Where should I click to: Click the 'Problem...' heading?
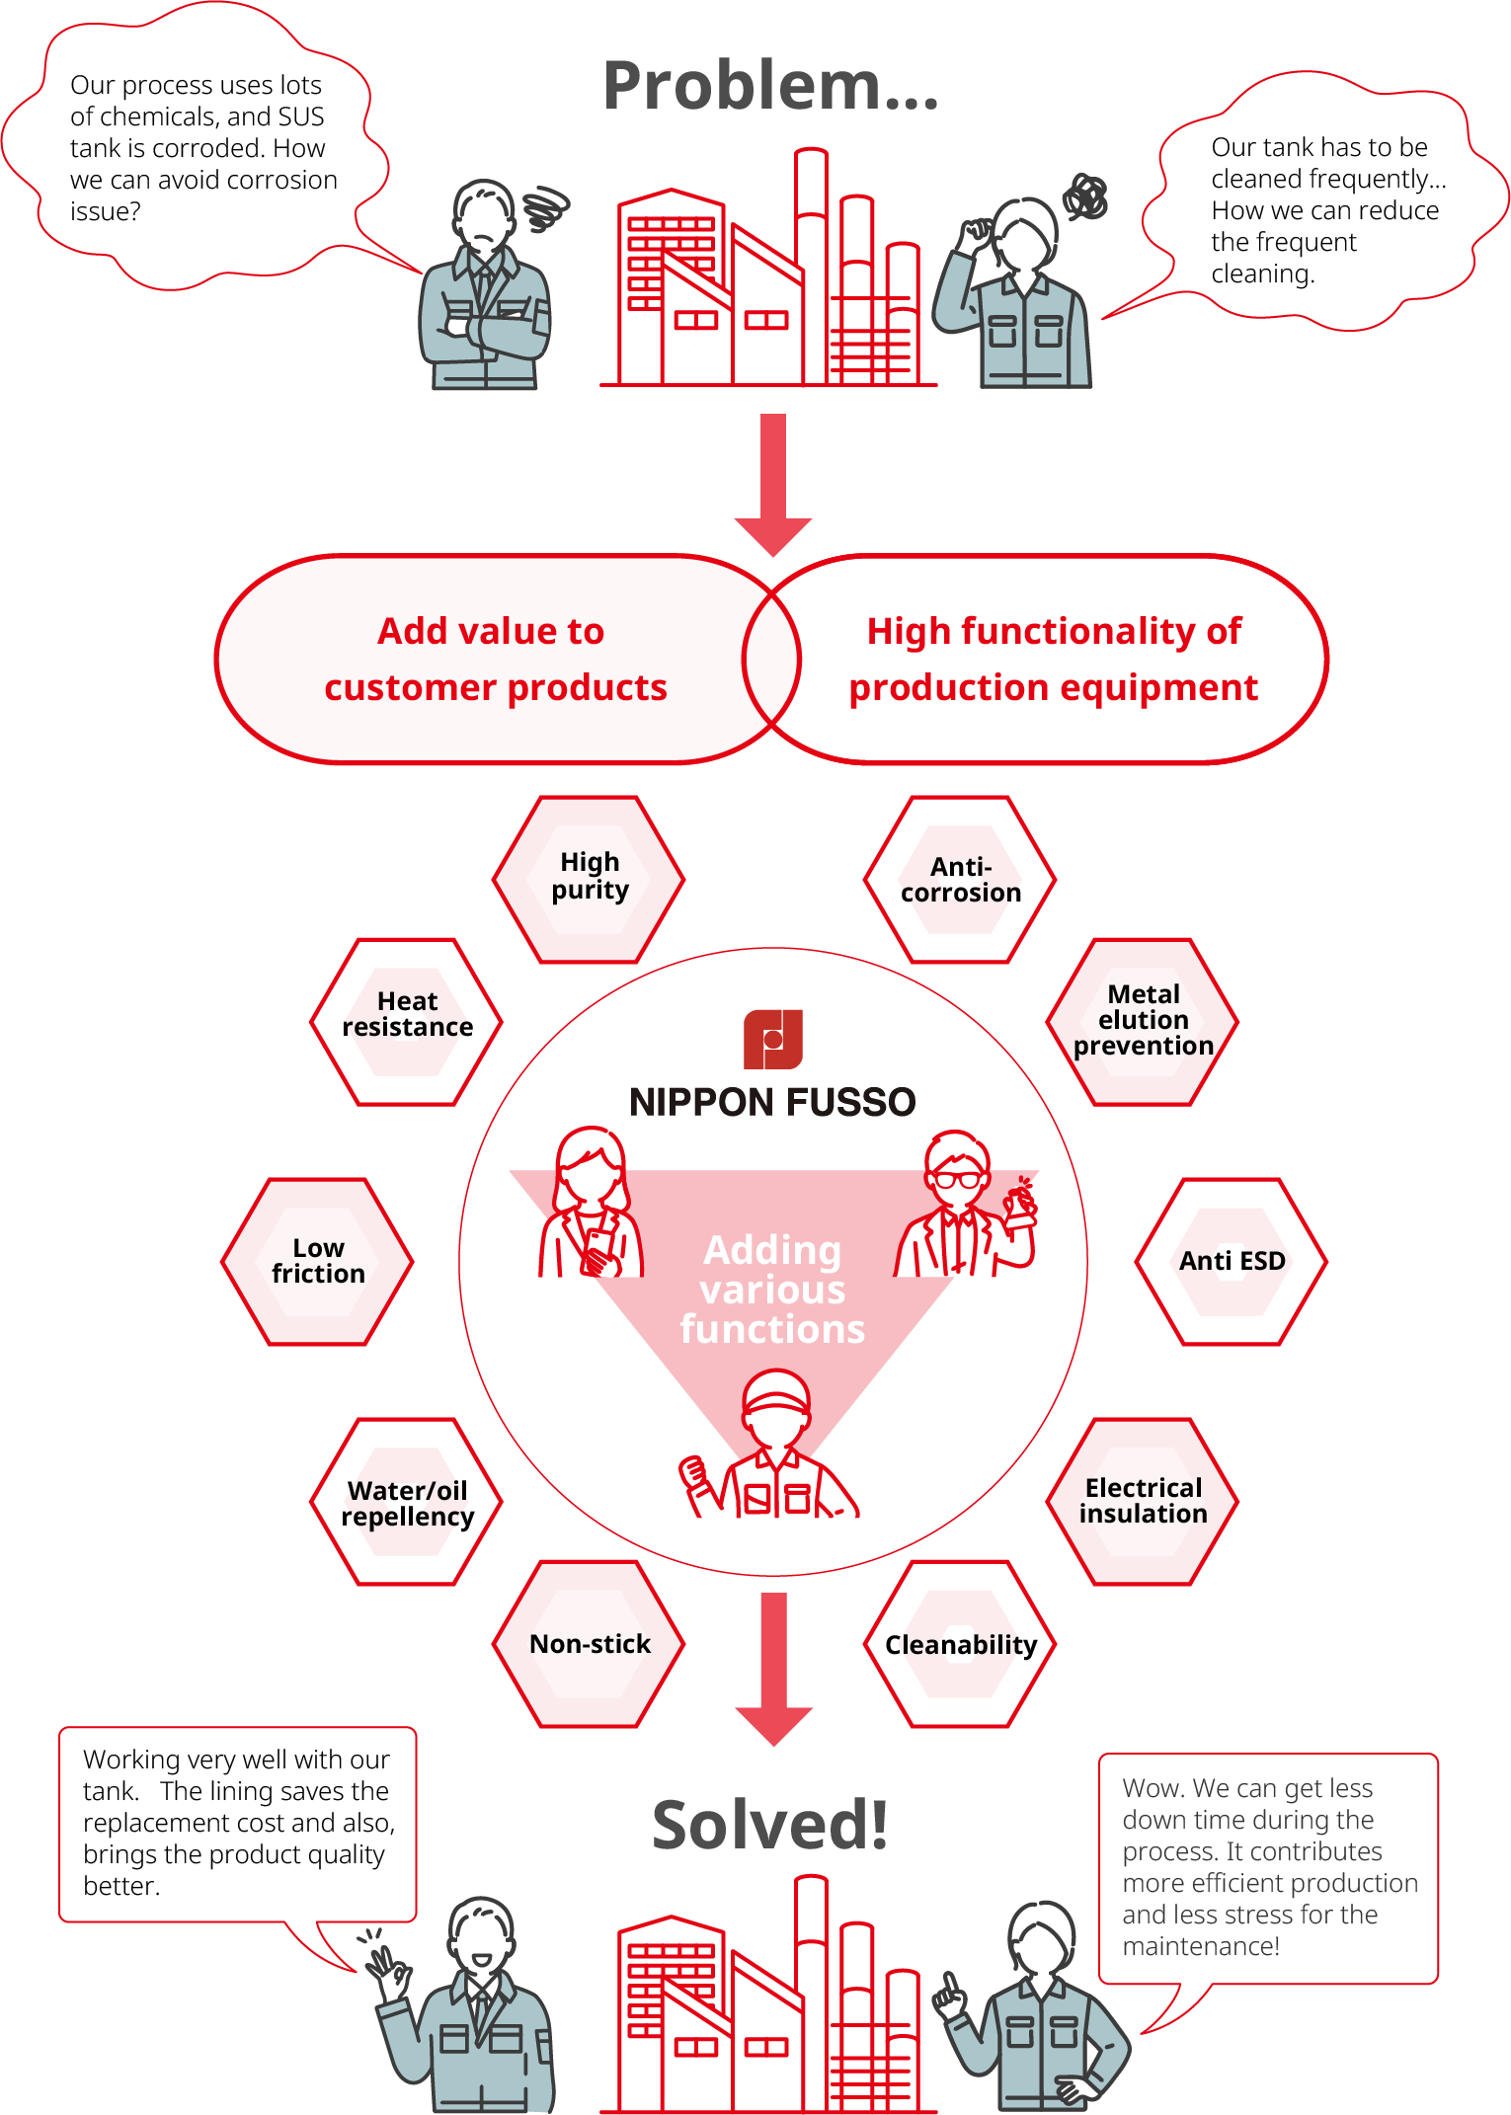(770, 86)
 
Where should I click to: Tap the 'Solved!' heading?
(769, 1825)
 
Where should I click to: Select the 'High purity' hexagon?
(590, 878)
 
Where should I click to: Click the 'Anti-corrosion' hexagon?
(960, 880)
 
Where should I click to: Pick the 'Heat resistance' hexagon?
(407, 1021)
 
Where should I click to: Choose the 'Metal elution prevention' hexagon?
(1143, 1021)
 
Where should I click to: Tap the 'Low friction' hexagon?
(318, 1261)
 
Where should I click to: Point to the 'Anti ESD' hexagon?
(1232, 1261)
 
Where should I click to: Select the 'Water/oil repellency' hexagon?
(407, 1502)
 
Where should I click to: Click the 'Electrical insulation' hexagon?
(1143, 1502)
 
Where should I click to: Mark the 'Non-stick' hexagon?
(590, 1644)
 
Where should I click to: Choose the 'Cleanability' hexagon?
(960, 1644)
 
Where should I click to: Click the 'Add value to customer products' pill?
(494, 659)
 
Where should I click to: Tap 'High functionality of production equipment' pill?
(1053, 659)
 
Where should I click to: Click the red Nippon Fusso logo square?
(772, 1039)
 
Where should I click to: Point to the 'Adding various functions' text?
(772, 1290)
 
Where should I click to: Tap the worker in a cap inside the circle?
(772, 1447)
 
